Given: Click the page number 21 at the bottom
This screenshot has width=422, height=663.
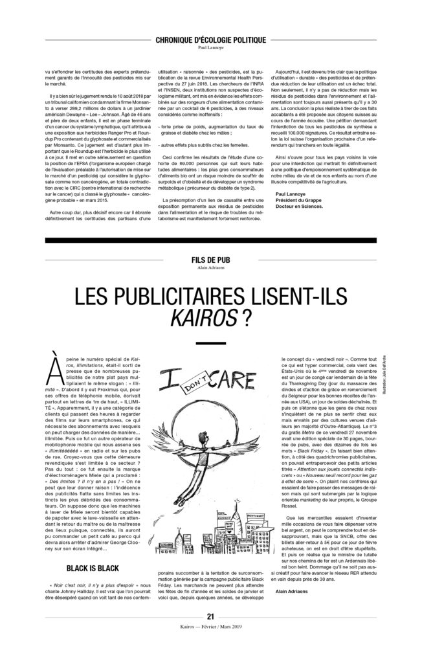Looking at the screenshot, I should [x=210, y=634].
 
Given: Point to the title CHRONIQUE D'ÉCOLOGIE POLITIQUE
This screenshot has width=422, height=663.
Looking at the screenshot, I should [x=210, y=39].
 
